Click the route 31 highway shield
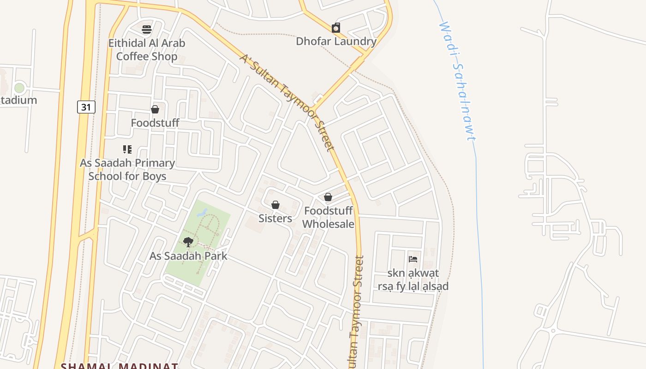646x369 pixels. point(86,107)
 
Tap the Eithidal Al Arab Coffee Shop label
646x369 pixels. point(147,50)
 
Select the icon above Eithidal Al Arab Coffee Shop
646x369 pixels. point(147,30)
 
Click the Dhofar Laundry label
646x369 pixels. point(336,42)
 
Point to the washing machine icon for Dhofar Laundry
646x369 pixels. point(336,28)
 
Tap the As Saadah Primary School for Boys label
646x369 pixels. point(127,169)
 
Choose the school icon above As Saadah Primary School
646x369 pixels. point(127,149)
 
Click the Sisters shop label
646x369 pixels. point(275,218)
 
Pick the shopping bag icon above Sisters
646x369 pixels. point(275,204)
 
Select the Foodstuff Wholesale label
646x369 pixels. point(328,217)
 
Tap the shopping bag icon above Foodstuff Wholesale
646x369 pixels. point(328,197)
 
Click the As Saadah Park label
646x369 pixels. point(188,256)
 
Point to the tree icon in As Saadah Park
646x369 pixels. point(188,242)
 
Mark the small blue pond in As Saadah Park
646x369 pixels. point(202,213)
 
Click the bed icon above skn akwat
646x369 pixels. point(413,259)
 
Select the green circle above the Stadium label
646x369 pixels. point(19,88)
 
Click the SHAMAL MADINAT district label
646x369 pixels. point(120,366)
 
